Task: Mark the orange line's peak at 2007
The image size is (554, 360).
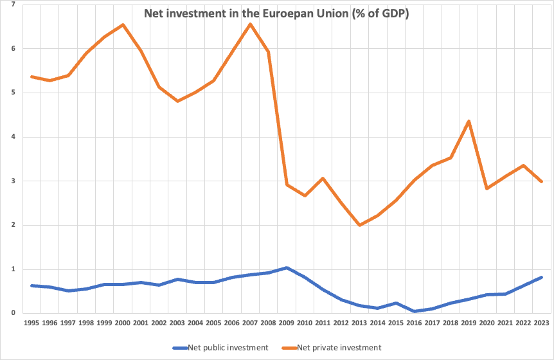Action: tap(249, 24)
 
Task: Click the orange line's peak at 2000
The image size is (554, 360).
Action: tap(122, 25)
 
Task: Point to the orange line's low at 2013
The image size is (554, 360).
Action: tap(359, 225)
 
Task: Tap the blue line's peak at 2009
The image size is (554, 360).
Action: tap(286, 267)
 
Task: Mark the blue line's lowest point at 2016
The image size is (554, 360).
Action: tap(414, 311)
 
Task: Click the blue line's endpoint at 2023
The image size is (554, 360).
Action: tap(541, 277)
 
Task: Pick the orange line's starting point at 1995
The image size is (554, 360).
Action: tap(31, 76)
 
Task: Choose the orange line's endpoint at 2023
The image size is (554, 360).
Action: tap(541, 182)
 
